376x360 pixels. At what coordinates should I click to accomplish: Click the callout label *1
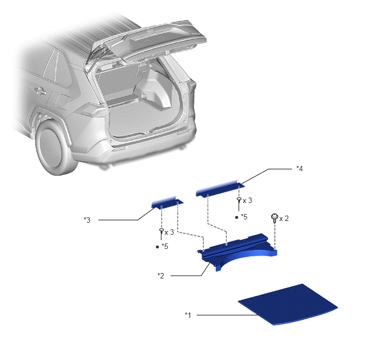tap(188, 315)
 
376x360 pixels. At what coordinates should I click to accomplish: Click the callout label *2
tap(161, 276)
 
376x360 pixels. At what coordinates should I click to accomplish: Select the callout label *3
tap(87, 220)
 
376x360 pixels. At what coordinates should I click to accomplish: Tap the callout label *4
tap(299, 169)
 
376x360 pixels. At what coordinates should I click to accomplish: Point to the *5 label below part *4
tap(244, 217)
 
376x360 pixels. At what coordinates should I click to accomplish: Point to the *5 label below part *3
tap(164, 246)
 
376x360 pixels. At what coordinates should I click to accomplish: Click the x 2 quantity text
tap(284, 218)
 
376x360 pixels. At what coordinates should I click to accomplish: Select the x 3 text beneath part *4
tap(247, 200)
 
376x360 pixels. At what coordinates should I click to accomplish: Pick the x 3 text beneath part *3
tap(169, 232)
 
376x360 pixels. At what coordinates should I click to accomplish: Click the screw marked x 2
tap(274, 218)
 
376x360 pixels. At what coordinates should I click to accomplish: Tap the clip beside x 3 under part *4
tap(239, 204)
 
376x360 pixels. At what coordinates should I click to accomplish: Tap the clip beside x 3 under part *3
tap(161, 234)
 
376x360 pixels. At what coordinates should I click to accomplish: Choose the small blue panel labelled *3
tap(167, 203)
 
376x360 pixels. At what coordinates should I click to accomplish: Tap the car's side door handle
tap(40, 91)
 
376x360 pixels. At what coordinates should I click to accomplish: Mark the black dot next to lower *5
tap(157, 247)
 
